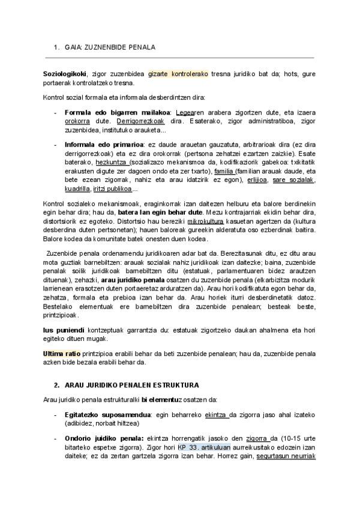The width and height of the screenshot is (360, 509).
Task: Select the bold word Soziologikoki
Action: (x=64, y=74)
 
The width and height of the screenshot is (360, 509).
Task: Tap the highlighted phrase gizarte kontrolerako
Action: (x=178, y=74)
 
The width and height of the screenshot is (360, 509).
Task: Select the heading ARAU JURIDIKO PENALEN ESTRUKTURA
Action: (x=131, y=385)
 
